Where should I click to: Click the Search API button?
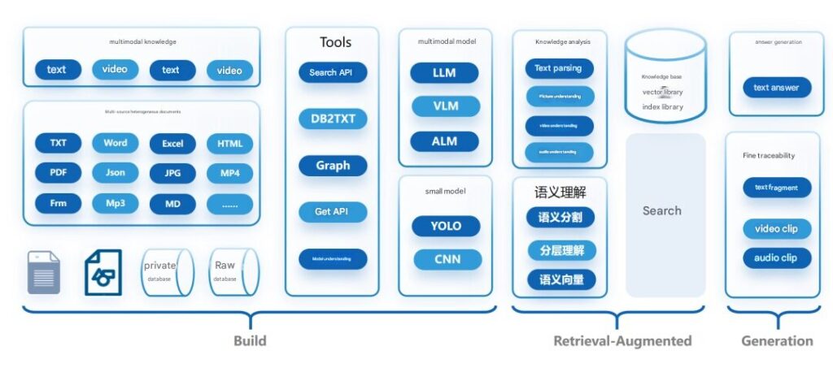click(x=333, y=72)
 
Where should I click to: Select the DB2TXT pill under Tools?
click(x=333, y=119)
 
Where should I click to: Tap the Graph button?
click(x=333, y=166)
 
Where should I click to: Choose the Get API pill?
click(x=333, y=212)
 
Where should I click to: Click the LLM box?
click(x=444, y=72)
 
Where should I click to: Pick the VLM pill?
click(x=444, y=106)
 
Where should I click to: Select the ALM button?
click(x=444, y=141)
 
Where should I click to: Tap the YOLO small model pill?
click(x=446, y=226)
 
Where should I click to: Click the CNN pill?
click(x=447, y=259)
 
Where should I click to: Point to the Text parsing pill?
click(x=559, y=68)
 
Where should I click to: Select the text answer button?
click(x=776, y=87)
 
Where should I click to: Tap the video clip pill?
click(x=776, y=228)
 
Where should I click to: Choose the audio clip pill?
click(x=776, y=258)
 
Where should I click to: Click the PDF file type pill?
click(x=58, y=172)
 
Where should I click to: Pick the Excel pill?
click(x=172, y=144)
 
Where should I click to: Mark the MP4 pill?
click(x=229, y=172)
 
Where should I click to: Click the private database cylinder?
click(x=166, y=271)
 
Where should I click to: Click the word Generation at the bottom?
click(x=776, y=340)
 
